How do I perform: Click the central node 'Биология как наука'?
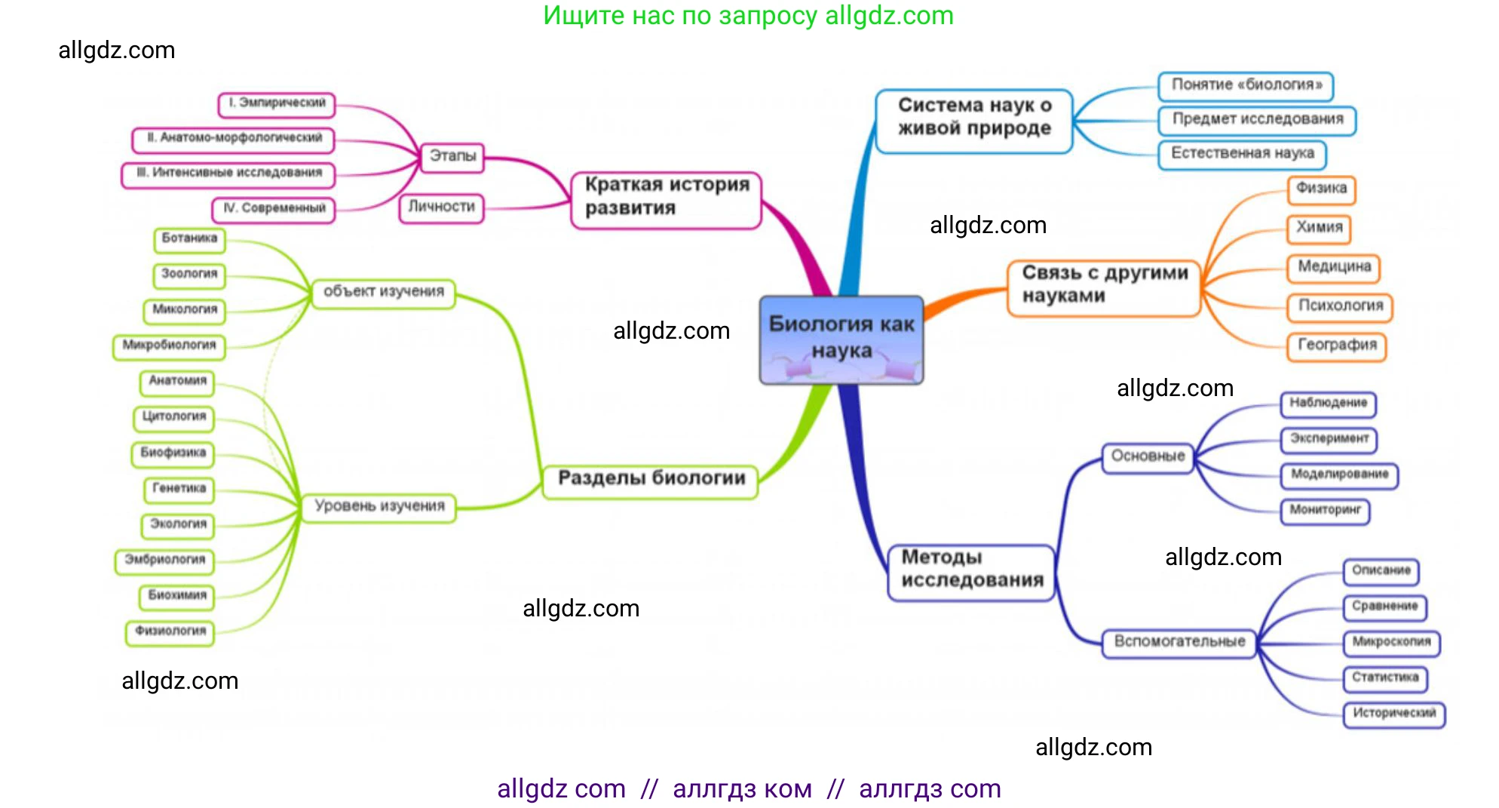tap(841, 339)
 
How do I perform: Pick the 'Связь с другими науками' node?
tap(1104, 287)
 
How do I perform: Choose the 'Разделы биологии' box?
tap(650, 481)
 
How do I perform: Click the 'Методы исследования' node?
tap(971, 573)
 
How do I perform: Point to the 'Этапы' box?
tap(452, 157)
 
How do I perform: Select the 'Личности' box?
tap(441, 207)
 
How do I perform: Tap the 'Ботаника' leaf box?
tap(189, 239)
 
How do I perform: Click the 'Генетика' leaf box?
tap(179, 489)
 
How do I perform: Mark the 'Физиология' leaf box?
tap(170, 631)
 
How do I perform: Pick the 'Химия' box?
tap(1319, 228)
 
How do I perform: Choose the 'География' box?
tap(1336, 346)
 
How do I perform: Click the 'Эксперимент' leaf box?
tap(1329, 439)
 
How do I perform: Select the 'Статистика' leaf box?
tap(1385, 677)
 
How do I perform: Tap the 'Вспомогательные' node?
tap(1179, 643)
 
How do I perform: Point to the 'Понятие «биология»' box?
tap(1246, 85)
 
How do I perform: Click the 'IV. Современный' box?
tap(274, 209)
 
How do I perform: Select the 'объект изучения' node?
tap(384, 293)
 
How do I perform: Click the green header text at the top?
tap(748, 16)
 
